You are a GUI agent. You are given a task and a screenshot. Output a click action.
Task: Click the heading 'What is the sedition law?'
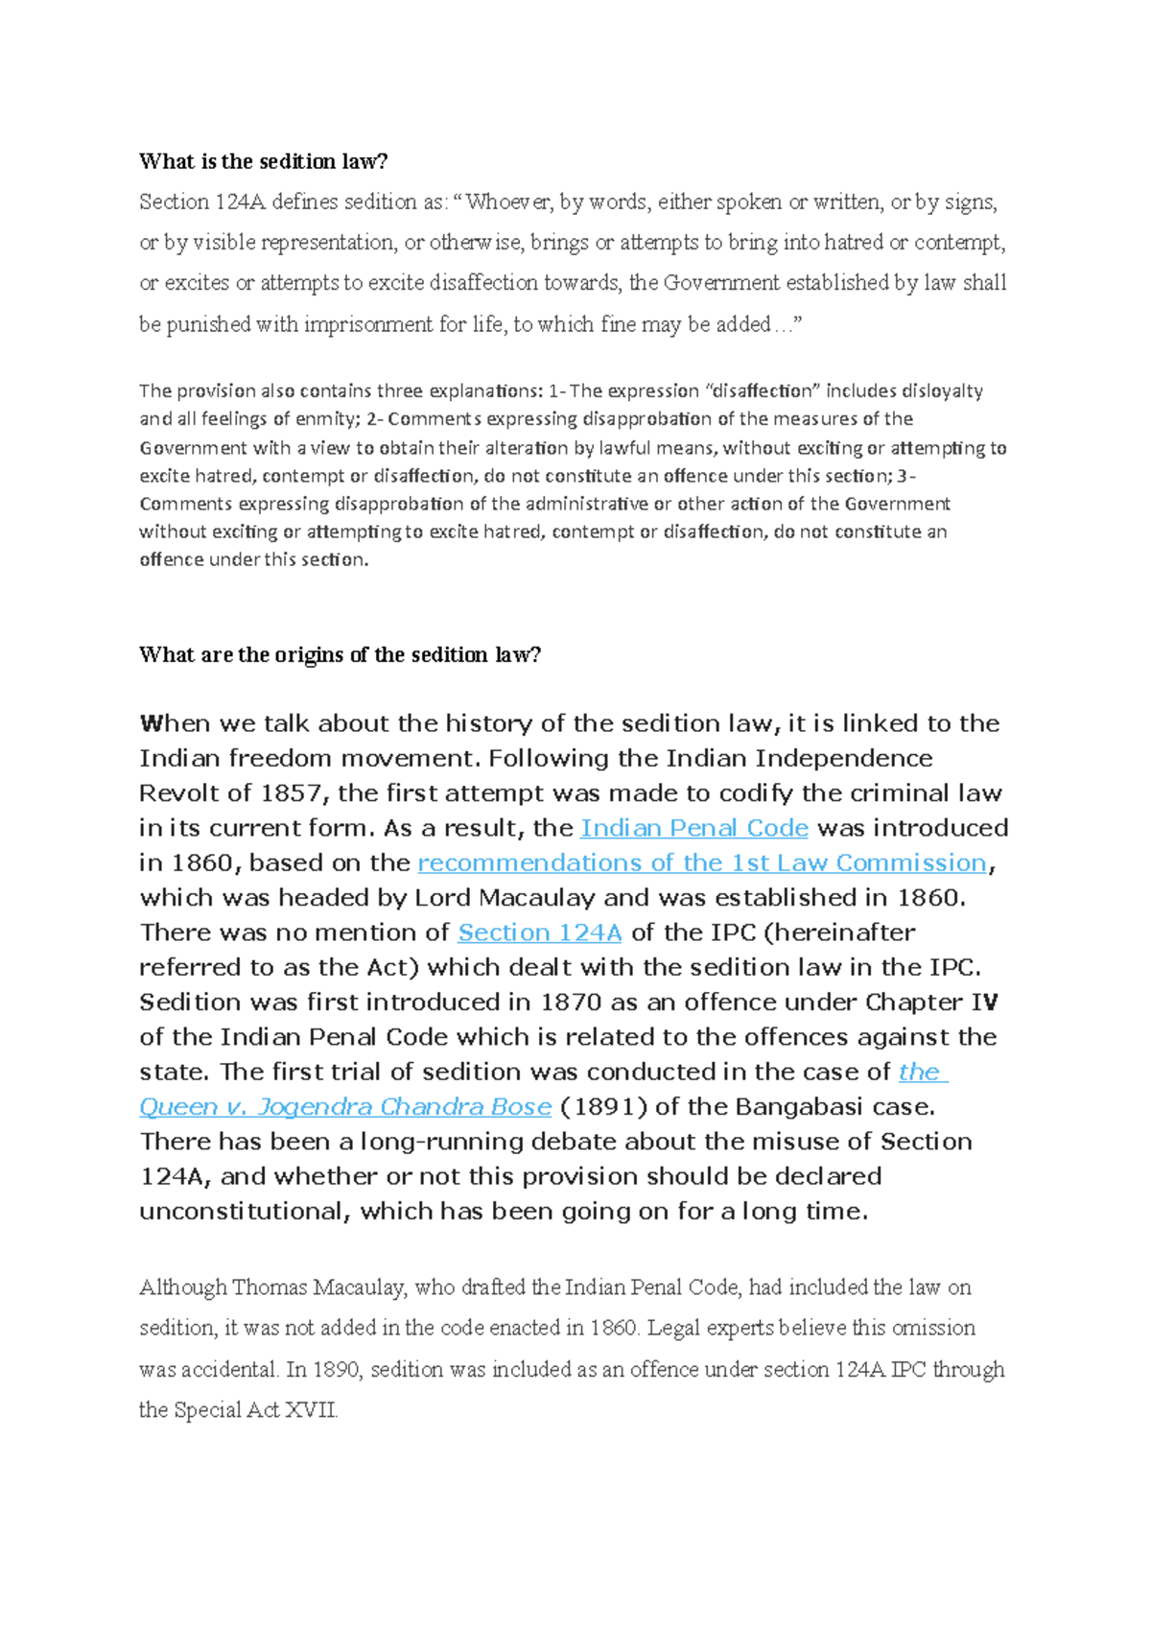click(x=263, y=161)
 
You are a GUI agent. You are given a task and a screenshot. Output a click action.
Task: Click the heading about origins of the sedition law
click(x=340, y=654)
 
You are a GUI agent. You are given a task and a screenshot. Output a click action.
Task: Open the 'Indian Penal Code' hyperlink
click(x=694, y=828)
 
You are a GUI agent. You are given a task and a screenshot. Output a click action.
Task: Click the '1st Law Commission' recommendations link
click(x=701, y=862)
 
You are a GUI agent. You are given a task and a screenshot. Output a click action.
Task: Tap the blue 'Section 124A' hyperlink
click(x=540, y=933)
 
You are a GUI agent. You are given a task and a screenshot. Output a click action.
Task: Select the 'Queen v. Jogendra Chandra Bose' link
click(x=345, y=1106)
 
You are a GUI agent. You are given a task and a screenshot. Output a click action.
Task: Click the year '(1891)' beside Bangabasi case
click(x=603, y=1106)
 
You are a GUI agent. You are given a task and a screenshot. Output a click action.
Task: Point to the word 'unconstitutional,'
click(x=246, y=1211)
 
